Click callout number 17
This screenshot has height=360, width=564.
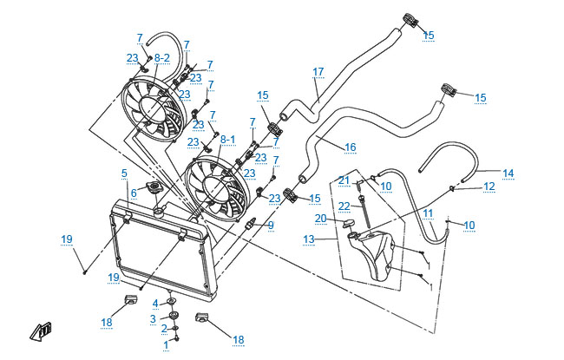(318, 71)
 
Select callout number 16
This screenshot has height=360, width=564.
(351, 147)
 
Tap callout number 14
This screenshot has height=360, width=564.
(508, 173)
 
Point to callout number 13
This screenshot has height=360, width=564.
(308, 239)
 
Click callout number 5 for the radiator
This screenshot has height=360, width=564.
(125, 173)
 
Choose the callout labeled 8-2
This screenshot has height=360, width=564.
(162, 57)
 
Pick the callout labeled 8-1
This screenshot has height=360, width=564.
(227, 139)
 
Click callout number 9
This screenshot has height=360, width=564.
(271, 226)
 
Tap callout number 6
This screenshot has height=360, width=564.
(134, 192)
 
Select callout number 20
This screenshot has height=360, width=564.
(320, 218)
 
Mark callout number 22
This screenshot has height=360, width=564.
(344, 206)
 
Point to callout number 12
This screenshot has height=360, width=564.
(489, 187)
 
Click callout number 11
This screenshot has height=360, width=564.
(428, 212)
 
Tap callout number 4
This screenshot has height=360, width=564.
(155, 303)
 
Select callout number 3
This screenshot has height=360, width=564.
(153, 318)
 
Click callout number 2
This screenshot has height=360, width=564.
(164, 330)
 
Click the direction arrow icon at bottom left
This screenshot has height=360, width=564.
(40, 330)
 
